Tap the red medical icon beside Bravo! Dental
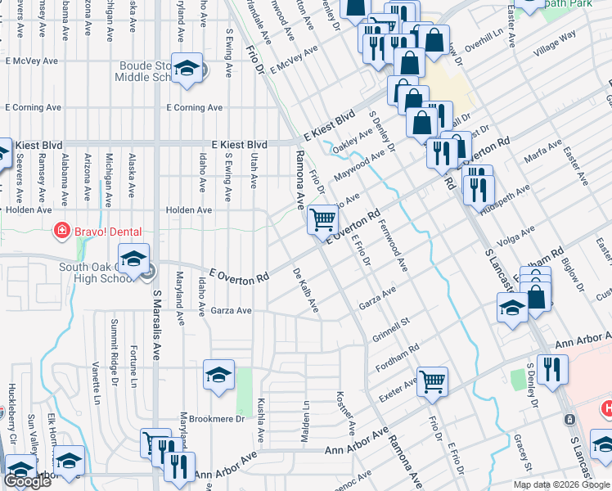pyautogui.click(x=60, y=232)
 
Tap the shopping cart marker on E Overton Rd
pyautogui.click(x=323, y=219)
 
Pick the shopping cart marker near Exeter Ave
pyautogui.click(x=432, y=381)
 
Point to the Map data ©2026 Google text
pyautogui.click(x=561, y=484)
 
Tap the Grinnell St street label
pyautogui.click(x=392, y=317)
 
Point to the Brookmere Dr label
pyautogui.click(x=217, y=418)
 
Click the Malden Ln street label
pyautogui.click(x=304, y=422)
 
